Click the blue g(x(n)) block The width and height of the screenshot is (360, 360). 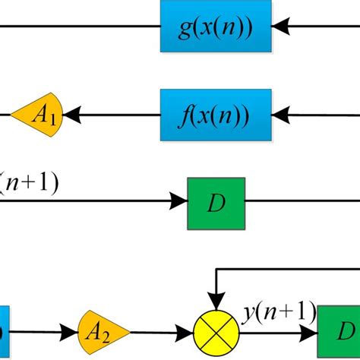click(216, 28)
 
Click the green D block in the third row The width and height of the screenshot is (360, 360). click(216, 203)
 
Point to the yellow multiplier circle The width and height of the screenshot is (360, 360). click(217, 332)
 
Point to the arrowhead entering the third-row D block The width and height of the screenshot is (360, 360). click(178, 203)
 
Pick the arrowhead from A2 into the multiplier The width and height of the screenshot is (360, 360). click(184, 332)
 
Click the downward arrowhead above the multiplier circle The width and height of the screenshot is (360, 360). click(217, 303)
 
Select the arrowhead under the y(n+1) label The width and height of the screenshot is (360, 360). click(308, 332)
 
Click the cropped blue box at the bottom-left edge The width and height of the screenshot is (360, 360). click(4, 331)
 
